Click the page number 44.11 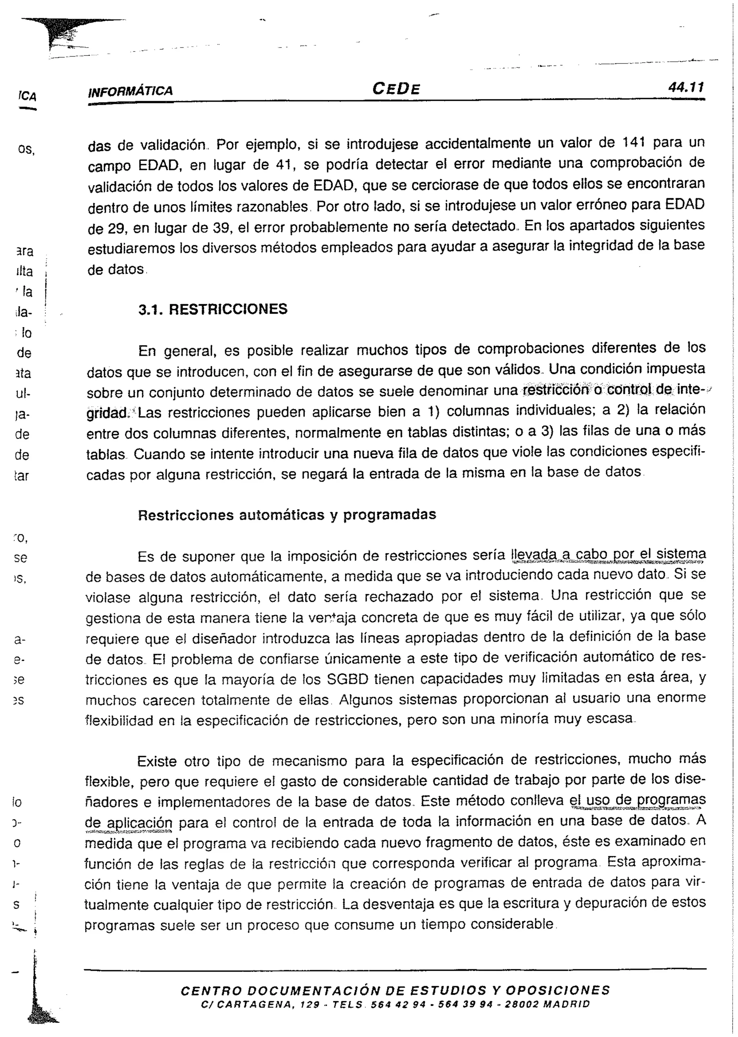686,87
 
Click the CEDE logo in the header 396,88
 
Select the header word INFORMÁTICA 130,91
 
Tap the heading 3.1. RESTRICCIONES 213,309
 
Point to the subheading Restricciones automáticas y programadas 287,515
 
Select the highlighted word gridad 108,413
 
